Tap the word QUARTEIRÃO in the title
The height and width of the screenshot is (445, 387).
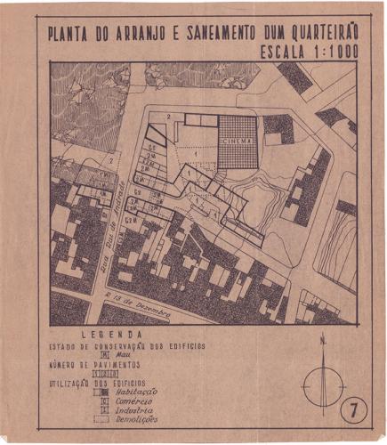323,34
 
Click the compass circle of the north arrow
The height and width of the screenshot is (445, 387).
322,386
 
